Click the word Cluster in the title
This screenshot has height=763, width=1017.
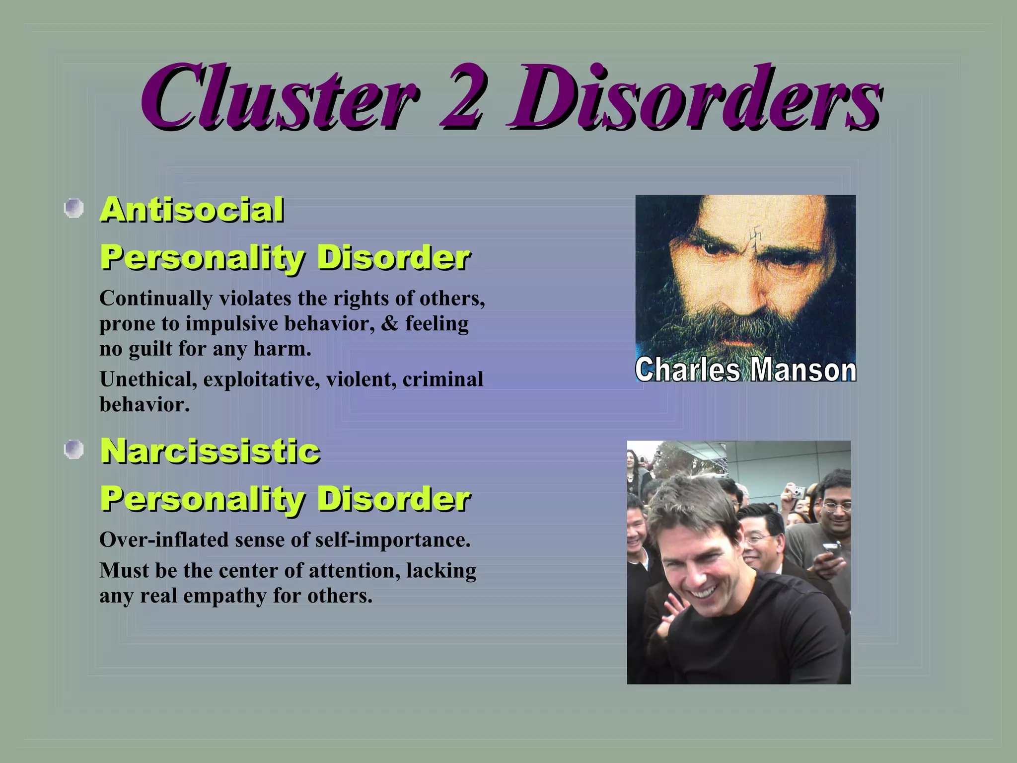[278, 97]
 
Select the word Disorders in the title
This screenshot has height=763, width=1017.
[693, 97]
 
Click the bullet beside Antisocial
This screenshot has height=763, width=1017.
[74, 208]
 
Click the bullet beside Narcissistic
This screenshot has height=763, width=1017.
[74, 450]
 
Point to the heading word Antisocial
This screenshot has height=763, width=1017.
[192, 210]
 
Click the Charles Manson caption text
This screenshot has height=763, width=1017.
[745, 370]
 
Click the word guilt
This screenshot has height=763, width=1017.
[150, 349]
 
